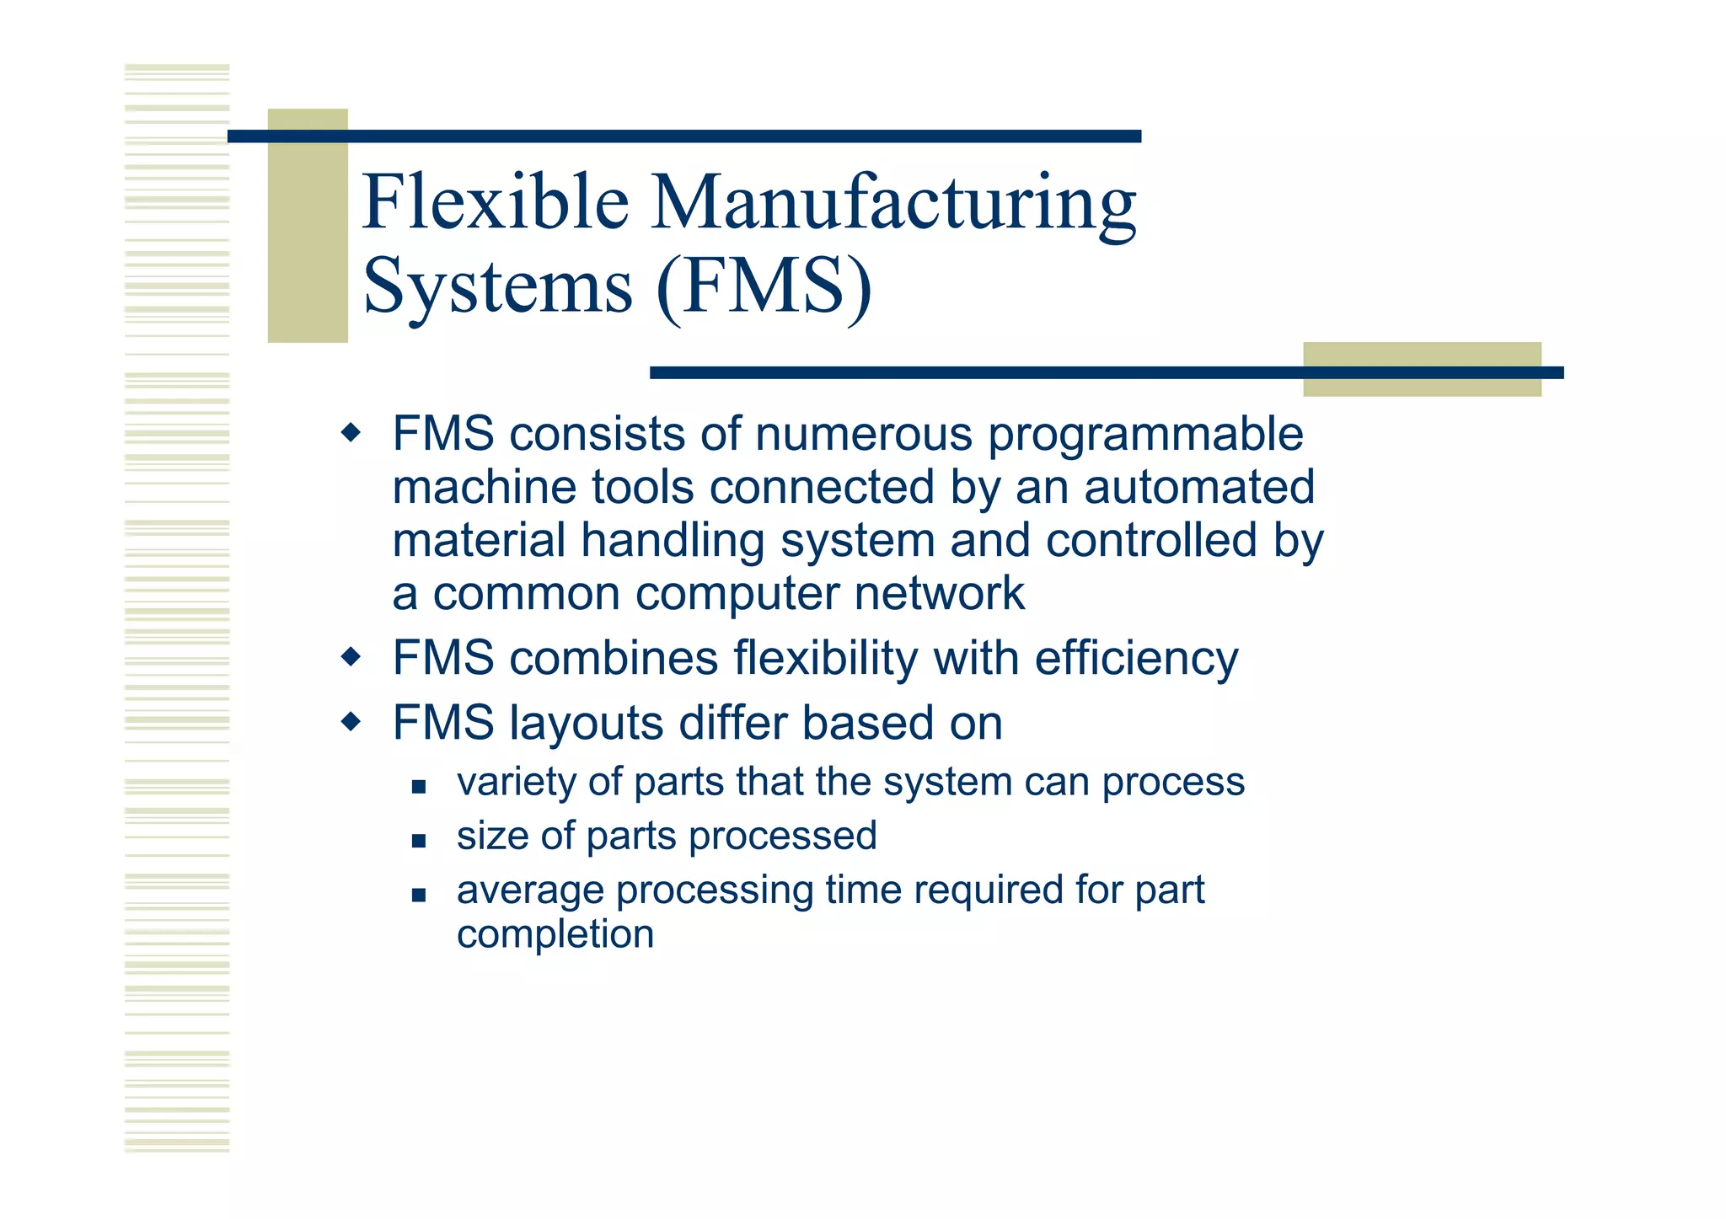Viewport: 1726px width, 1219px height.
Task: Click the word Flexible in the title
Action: (x=496, y=202)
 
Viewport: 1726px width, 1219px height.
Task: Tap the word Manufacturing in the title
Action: (x=893, y=204)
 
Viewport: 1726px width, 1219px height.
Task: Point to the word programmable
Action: (x=1145, y=436)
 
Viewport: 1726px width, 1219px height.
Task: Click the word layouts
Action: (x=587, y=724)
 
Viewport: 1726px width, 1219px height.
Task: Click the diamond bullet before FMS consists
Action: (x=351, y=434)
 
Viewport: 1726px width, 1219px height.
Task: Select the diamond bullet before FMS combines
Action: (x=351, y=656)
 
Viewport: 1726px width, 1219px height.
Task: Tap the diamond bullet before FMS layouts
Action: (x=351, y=722)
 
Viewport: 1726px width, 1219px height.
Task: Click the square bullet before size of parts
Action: (x=419, y=840)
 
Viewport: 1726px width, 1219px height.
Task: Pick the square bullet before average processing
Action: (x=419, y=894)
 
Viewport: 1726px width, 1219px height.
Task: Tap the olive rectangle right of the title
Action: (x=1422, y=369)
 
